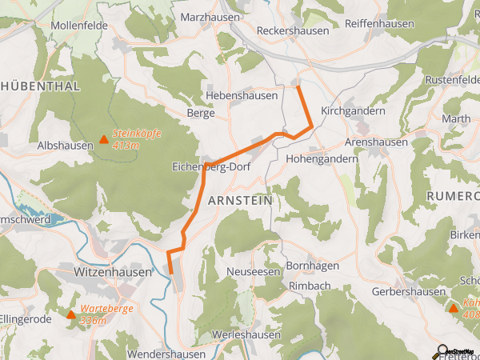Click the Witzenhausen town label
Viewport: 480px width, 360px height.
coord(101,272)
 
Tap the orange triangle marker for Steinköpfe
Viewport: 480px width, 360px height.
coord(103,142)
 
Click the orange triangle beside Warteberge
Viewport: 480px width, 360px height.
coord(71,314)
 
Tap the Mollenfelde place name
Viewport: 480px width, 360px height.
coord(78,26)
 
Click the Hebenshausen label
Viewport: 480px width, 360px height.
coord(242,95)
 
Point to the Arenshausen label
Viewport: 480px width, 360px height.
coord(376,142)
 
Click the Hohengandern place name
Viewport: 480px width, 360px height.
coord(322,158)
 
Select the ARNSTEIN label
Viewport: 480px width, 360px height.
coord(240,199)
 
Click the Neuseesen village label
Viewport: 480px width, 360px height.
coord(254,272)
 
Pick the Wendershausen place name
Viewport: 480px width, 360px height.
coord(162,353)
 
